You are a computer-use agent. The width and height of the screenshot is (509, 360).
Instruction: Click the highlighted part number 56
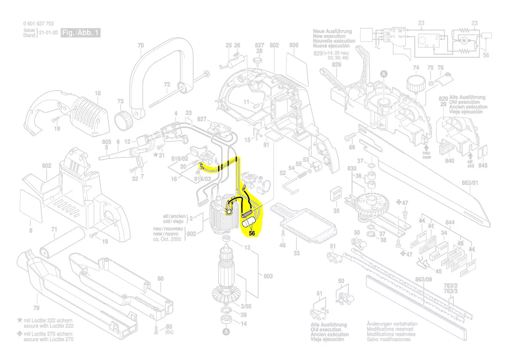[x=252, y=233]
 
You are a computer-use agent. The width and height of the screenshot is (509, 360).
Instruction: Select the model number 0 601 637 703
[x=38, y=24]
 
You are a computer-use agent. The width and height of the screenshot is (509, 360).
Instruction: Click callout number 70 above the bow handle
[x=140, y=45]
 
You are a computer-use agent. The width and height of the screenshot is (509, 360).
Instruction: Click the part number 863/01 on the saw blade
[x=469, y=183]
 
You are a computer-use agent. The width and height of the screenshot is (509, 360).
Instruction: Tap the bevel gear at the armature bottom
[x=226, y=294]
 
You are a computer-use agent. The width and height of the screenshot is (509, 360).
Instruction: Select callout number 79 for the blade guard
[x=36, y=308]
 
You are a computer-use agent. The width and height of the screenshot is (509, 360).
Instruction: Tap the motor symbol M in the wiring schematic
[x=464, y=41]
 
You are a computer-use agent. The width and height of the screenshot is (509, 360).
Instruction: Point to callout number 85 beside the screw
[x=169, y=326]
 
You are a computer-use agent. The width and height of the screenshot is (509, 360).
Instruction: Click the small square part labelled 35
[x=336, y=194]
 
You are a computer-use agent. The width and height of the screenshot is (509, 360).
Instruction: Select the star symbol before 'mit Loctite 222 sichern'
[x=19, y=320]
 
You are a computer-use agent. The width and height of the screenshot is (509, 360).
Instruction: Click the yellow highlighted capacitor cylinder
[x=248, y=225]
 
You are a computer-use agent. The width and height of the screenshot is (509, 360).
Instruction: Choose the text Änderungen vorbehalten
[x=392, y=324]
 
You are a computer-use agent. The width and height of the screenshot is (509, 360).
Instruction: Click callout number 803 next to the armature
[x=268, y=276]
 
